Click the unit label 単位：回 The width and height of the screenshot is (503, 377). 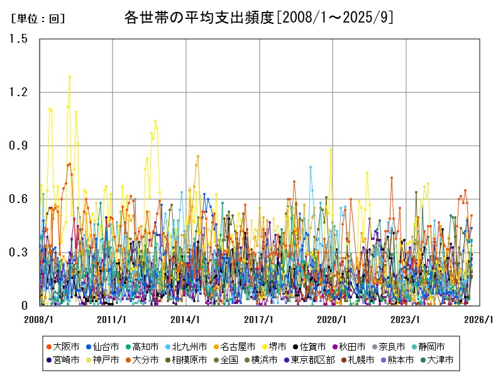pos(38,19)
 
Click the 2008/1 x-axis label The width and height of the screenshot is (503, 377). pos(39,319)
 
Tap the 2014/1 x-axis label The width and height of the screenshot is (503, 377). pos(186,319)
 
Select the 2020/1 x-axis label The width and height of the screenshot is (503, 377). pos(333,319)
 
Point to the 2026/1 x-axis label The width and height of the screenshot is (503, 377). pos(480,319)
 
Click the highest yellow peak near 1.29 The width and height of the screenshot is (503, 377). pos(70,77)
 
